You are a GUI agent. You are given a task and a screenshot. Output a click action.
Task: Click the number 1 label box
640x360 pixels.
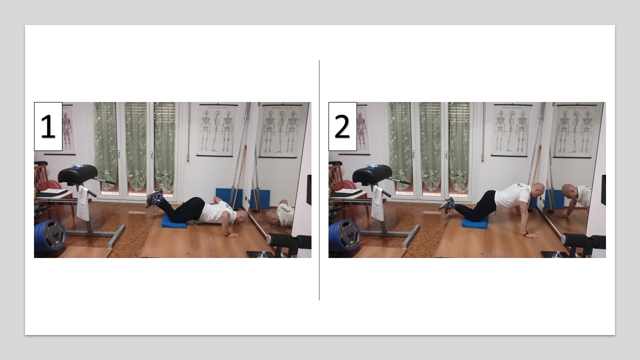pyautogui.click(x=48, y=126)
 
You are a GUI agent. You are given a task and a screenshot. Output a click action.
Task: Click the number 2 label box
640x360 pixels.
pyautogui.click(x=342, y=126)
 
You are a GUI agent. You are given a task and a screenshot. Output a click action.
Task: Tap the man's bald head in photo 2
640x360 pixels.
pyautogui.click(x=537, y=189)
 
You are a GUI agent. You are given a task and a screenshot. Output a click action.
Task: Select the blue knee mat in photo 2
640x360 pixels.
pyautogui.click(x=474, y=222)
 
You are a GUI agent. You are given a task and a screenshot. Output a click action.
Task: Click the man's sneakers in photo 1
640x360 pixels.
pyautogui.click(x=154, y=197)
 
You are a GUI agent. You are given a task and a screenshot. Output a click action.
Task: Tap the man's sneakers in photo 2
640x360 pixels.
pyautogui.click(x=447, y=204)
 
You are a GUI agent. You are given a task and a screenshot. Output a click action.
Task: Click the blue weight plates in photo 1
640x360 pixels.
pyautogui.click(x=50, y=235)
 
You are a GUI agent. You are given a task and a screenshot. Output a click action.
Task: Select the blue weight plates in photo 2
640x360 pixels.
pyautogui.click(x=344, y=235)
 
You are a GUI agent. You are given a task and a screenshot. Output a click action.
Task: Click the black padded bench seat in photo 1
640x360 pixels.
pyautogui.click(x=77, y=174)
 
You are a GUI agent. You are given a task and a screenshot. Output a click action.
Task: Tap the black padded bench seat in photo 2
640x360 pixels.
pyautogui.click(x=372, y=174)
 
